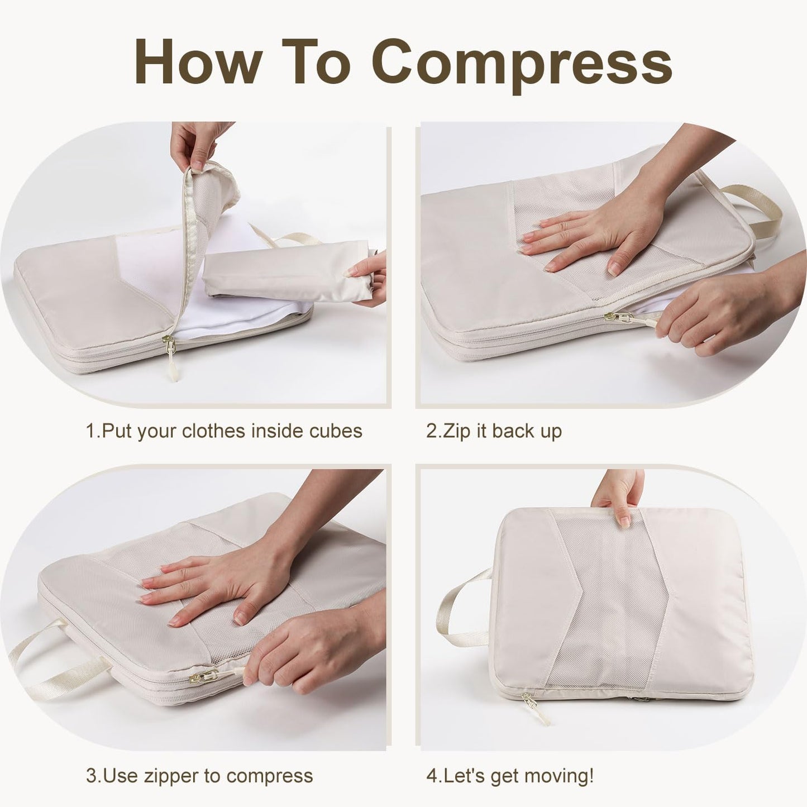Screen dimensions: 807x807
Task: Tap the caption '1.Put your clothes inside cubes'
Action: coord(223,431)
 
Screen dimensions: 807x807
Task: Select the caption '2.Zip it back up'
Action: coord(494,431)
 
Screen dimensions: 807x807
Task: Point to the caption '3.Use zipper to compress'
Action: coord(199,776)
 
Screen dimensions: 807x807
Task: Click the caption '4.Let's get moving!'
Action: coord(509,776)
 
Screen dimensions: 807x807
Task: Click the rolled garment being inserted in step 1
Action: coord(285,274)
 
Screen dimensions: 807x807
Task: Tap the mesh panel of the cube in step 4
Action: coord(609,603)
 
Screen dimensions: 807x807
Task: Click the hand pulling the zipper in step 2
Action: coord(726,313)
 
